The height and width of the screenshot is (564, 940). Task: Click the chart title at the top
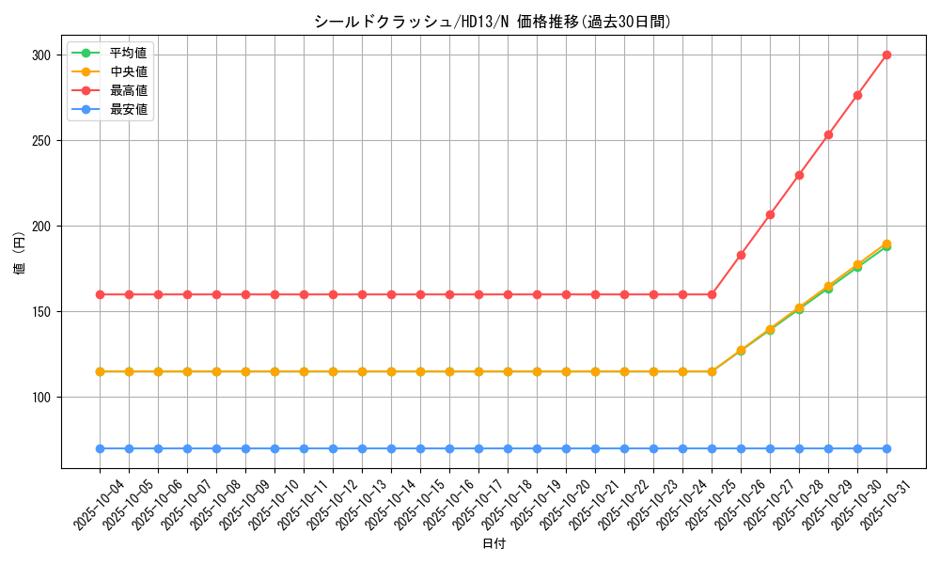coord(493,22)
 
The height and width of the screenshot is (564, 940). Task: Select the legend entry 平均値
coord(128,53)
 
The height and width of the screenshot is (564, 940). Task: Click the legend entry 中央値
coord(128,71)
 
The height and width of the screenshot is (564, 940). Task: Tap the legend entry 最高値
coord(128,90)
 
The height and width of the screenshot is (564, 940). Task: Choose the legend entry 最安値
coord(128,109)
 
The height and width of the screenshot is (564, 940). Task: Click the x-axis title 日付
coord(493,544)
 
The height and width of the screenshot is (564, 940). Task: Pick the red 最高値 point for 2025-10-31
coord(886,55)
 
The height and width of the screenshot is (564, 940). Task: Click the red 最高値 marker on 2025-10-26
coord(741,255)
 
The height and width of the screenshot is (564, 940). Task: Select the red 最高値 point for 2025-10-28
coord(799,175)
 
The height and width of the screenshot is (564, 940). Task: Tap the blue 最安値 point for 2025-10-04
coord(100,448)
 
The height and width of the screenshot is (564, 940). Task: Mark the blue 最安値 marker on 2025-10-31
coord(886,448)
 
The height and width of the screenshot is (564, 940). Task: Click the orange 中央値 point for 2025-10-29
coord(828,286)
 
